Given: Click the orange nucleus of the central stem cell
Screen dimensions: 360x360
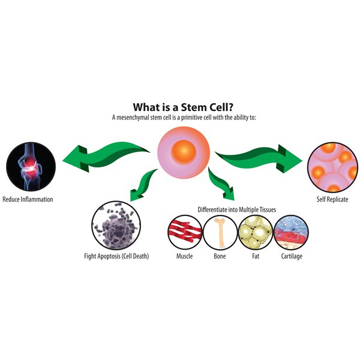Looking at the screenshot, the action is pyautogui.click(x=184, y=152).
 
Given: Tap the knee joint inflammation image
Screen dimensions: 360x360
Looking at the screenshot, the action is pyautogui.click(x=31, y=167).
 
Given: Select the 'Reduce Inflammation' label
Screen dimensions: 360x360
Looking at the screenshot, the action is pyautogui.click(x=28, y=199).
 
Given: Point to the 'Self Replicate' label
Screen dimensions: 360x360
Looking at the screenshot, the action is pyautogui.click(x=332, y=199).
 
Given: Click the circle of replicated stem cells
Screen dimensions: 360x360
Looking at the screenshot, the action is pyautogui.click(x=332, y=167).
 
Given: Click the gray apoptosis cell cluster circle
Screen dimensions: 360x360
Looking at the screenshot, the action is pyautogui.click(x=116, y=226).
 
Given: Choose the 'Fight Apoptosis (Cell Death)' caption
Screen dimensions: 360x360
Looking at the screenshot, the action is pyautogui.click(x=116, y=256).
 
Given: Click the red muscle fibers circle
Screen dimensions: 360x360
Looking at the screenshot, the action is pyautogui.click(x=185, y=232).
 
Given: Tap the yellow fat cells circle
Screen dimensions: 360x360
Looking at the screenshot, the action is pyautogui.click(x=256, y=232).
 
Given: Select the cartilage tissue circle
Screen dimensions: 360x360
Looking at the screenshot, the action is pyautogui.click(x=292, y=232).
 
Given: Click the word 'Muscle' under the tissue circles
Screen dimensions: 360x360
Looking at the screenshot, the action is pyautogui.click(x=184, y=256).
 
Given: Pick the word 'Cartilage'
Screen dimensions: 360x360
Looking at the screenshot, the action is pyautogui.click(x=292, y=256).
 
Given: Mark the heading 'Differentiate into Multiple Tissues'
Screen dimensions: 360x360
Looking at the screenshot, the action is pyautogui.click(x=237, y=209).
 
